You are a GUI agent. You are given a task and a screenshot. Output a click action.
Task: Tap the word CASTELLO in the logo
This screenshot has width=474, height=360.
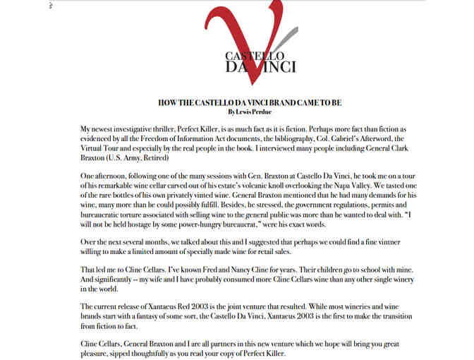[x=245, y=55]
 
